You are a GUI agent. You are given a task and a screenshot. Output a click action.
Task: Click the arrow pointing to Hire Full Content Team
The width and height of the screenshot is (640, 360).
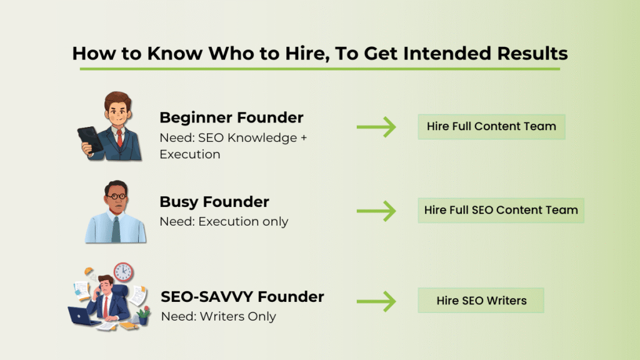376,127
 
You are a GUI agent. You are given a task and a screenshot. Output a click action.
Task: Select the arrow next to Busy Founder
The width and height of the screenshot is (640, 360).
376,211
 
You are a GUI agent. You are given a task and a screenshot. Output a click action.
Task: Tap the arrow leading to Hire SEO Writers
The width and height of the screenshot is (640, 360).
376,301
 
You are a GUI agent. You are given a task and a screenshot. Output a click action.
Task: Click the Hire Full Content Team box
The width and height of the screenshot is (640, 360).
491,126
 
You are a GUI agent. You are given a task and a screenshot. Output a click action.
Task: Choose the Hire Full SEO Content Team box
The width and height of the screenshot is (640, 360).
501,210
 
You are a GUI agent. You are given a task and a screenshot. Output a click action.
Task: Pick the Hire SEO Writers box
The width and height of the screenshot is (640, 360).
481,301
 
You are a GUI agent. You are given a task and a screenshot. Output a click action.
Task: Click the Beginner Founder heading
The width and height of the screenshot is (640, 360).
231,117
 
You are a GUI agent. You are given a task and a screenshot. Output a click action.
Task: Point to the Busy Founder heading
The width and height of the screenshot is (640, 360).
214,202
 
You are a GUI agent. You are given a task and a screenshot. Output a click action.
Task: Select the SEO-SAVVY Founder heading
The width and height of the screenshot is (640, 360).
242,296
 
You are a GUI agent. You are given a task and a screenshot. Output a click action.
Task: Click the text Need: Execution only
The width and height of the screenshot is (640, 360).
224,222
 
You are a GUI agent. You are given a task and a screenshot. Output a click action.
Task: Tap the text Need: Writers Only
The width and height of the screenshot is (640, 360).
218,316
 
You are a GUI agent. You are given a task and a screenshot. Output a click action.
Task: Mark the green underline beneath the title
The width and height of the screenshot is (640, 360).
319,68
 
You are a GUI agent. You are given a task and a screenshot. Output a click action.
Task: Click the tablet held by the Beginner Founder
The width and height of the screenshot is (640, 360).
89,139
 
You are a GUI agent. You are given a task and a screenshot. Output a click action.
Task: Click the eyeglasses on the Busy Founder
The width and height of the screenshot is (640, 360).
116,197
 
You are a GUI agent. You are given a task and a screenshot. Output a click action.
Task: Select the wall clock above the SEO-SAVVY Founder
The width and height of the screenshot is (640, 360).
124,272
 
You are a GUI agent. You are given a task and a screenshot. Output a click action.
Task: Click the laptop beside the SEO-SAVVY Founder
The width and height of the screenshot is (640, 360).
82,316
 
